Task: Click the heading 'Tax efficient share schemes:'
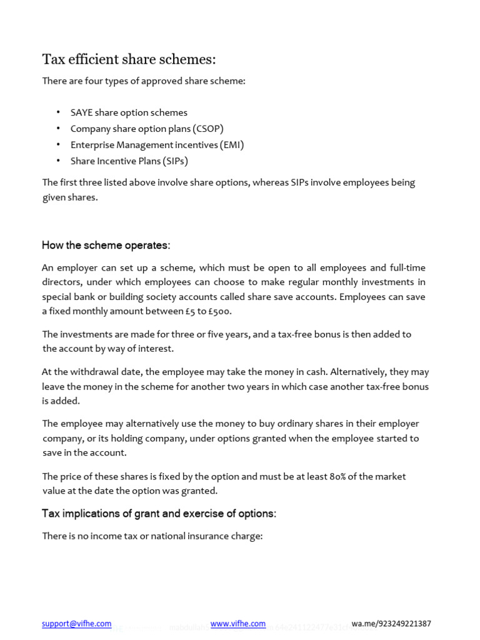[x=129, y=59]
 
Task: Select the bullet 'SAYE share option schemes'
[x=129, y=112]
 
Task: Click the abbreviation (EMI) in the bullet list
[x=232, y=145]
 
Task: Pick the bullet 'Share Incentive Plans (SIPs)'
[x=129, y=161]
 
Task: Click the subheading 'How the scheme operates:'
[x=106, y=245]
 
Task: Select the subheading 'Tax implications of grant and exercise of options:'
[x=159, y=514]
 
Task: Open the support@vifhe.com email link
[x=76, y=624]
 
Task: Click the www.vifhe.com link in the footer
[x=237, y=624]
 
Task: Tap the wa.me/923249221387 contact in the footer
[x=391, y=624]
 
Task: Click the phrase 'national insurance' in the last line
[x=186, y=536]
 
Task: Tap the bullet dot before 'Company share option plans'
[x=58, y=129]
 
